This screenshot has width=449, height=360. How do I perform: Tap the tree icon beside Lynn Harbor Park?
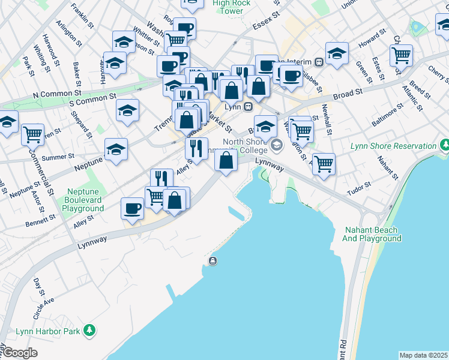click(x=89, y=330)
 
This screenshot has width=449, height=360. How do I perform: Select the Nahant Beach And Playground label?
click(x=372, y=234)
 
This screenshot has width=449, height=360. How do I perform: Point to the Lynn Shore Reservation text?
click(x=393, y=146)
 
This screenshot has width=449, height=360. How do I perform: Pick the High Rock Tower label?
click(x=232, y=7)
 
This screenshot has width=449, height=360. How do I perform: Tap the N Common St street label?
click(x=57, y=94)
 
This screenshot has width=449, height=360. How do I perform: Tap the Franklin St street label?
click(x=82, y=16)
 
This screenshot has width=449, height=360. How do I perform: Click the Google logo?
click(x=20, y=353)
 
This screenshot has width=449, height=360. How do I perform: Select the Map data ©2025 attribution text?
click(x=424, y=355)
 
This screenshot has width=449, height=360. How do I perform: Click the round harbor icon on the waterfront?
click(x=213, y=260)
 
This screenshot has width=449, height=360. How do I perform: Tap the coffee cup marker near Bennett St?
click(x=132, y=209)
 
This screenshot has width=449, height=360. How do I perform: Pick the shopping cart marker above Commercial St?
click(x=33, y=134)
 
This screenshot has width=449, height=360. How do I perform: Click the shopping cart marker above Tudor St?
click(x=324, y=163)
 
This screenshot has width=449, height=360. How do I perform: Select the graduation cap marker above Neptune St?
click(x=116, y=149)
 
